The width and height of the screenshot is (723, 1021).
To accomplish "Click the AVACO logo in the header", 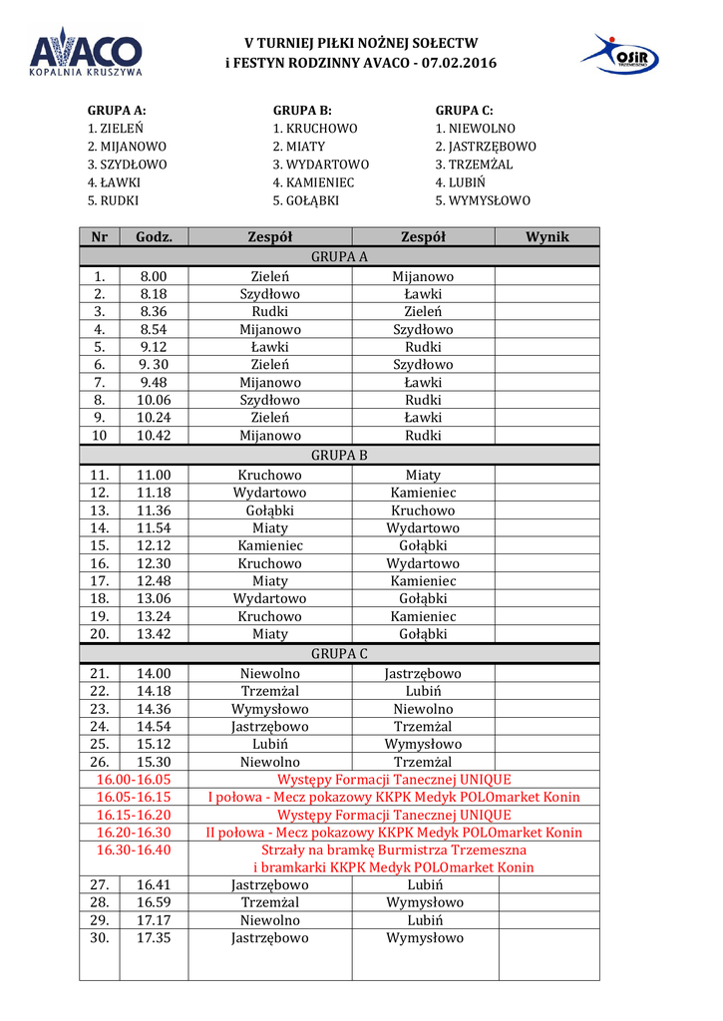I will pos(85,52).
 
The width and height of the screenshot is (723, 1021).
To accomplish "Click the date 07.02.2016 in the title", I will pos(459,63).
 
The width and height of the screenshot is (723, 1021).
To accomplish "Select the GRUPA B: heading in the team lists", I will pos(302,111).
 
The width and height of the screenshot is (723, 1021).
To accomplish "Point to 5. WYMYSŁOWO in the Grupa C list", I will pos(483,200).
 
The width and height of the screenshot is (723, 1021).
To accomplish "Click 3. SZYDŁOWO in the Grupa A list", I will pos(127,165).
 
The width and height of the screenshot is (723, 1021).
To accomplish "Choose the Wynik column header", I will pos(546,236).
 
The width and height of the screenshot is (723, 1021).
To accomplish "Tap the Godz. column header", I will pos(154,236).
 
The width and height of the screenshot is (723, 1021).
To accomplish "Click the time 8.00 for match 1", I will pos(154,276).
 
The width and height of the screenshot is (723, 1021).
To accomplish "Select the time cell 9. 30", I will pos(154,365).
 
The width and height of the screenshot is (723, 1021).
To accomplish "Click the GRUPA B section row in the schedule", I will pos(339,455).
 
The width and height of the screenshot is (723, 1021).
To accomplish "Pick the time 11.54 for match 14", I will pos(154,527).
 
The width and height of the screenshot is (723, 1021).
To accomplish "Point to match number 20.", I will pos(99,633).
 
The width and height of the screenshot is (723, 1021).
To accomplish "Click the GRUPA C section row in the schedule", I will pos(339,653).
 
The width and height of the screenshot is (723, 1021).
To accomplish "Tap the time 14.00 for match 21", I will pos(154,674).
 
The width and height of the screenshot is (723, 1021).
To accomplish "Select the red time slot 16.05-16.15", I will pos(134,797).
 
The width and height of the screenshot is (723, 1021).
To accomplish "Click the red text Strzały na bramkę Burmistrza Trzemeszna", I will pos(394,850).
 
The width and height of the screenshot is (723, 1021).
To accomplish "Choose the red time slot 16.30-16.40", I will pos(134,850).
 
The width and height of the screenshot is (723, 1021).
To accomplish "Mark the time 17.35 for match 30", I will pos(154,937).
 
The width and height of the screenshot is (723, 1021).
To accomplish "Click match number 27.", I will pos(99,884).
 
